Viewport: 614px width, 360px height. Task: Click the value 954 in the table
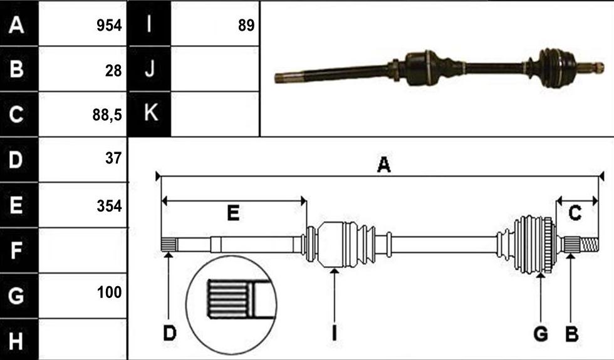coord(109,26)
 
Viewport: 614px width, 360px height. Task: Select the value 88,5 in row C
coord(107,115)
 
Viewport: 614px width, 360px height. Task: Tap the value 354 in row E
coord(109,206)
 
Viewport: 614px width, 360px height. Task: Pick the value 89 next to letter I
coord(246,26)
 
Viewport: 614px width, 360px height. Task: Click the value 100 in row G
coord(109,292)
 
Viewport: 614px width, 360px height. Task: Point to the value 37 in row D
coord(113,158)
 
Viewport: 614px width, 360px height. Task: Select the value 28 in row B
coord(113,71)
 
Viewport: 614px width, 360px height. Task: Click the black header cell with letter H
coord(19,339)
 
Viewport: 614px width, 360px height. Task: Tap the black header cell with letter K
coord(150,114)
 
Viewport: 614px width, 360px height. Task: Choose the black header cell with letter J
coord(150,69)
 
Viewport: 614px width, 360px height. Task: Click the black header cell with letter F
coord(19,250)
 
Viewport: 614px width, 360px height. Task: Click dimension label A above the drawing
coord(383,165)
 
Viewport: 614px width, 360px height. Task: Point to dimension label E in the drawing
coord(233,213)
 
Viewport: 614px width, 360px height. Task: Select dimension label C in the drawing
coord(575,213)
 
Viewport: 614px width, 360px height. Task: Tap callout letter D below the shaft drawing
coord(170,334)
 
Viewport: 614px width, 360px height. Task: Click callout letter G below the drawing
coord(541,334)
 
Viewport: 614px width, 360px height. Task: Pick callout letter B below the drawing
coord(571,334)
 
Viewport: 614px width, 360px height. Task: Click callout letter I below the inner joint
coord(334,334)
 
